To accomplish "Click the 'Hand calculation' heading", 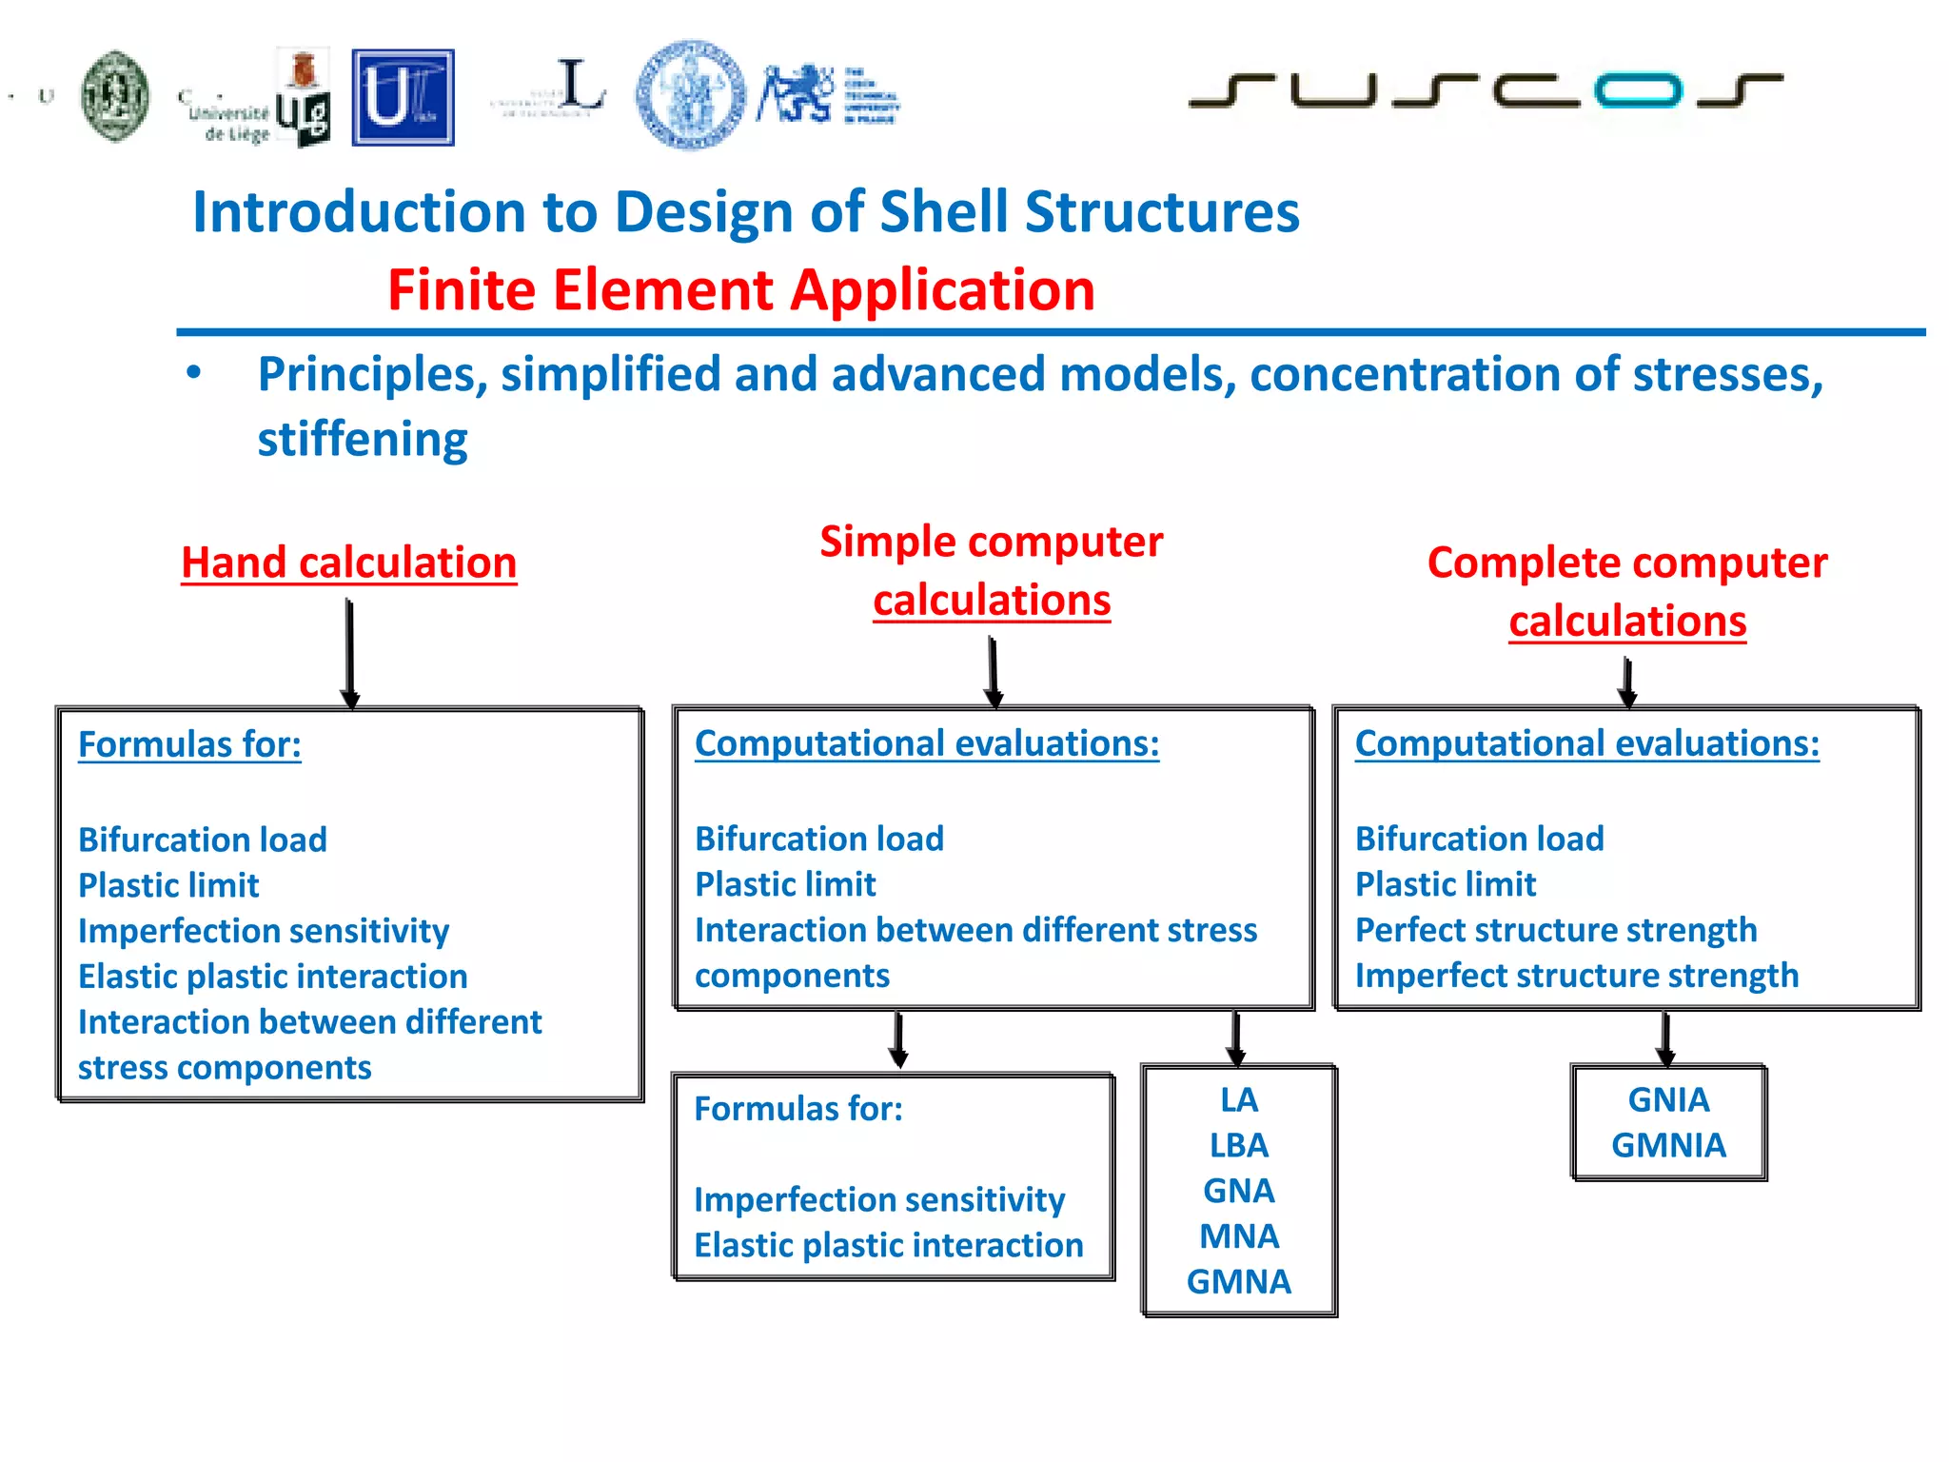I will [349, 563].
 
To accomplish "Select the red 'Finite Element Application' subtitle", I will [741, 289].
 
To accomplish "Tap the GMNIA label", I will [1668, 1145].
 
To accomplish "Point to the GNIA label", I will [1668, 1099].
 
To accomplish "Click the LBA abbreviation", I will [1238, 1145].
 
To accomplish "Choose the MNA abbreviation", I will [1238, 1236].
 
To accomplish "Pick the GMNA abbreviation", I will [1238, 1282].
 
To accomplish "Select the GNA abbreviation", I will [1238, 1191].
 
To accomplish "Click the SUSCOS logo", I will [1485, 90].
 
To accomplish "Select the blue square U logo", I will [403, 98].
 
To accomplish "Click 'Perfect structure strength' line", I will [1555, 930].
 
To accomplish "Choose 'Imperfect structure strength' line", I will [1576, 976].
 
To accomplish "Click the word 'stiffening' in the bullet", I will [363, 440].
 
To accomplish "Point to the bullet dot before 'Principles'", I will [194, 373].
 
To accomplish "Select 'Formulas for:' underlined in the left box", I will [189, 744].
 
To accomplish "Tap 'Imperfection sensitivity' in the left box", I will [264, 931].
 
